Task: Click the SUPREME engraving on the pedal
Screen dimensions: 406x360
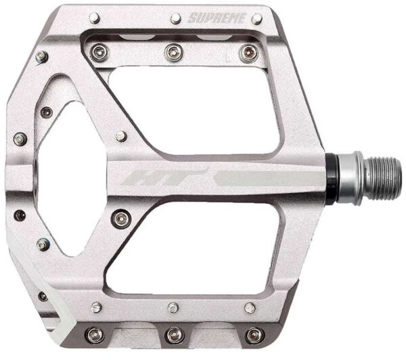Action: (x=217, y=18)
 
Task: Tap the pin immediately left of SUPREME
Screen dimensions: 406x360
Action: (x=176, y=18)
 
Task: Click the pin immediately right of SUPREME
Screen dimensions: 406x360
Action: (x=257, y=19)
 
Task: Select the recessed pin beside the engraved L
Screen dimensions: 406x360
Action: (x=249, y=53)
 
